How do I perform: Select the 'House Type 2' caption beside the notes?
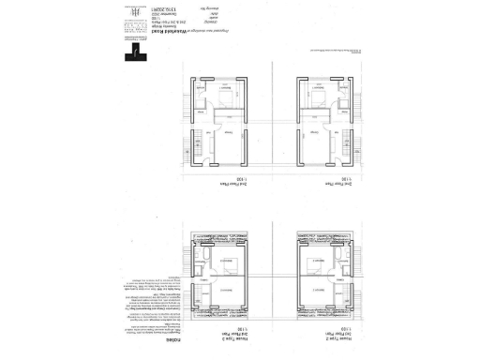click(221, 338)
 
